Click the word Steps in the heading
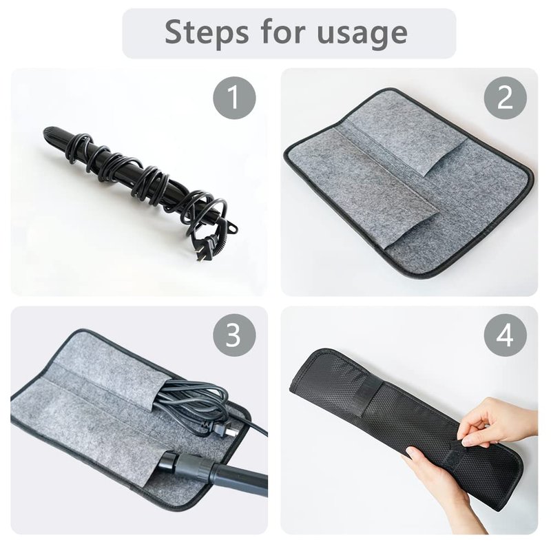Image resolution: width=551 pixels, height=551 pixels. (205, 32)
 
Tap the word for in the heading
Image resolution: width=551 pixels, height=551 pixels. (282, 32)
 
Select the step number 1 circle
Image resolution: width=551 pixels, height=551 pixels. (234, 98)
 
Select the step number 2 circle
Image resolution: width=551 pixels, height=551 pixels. (506, 98)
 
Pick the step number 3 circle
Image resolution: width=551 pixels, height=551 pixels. (234, 335)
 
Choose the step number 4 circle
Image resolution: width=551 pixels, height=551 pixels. (506, 335)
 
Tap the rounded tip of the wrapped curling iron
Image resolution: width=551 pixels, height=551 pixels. (48, 133)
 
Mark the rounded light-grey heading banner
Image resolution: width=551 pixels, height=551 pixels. (289, 33)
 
